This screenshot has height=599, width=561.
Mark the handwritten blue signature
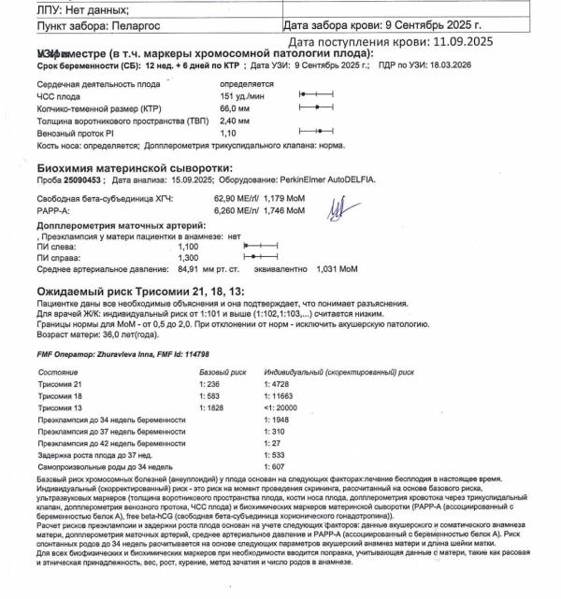(336, 207)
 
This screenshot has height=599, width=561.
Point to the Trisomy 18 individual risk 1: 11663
(282, 397)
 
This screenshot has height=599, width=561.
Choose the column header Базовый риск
(223, 372)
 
